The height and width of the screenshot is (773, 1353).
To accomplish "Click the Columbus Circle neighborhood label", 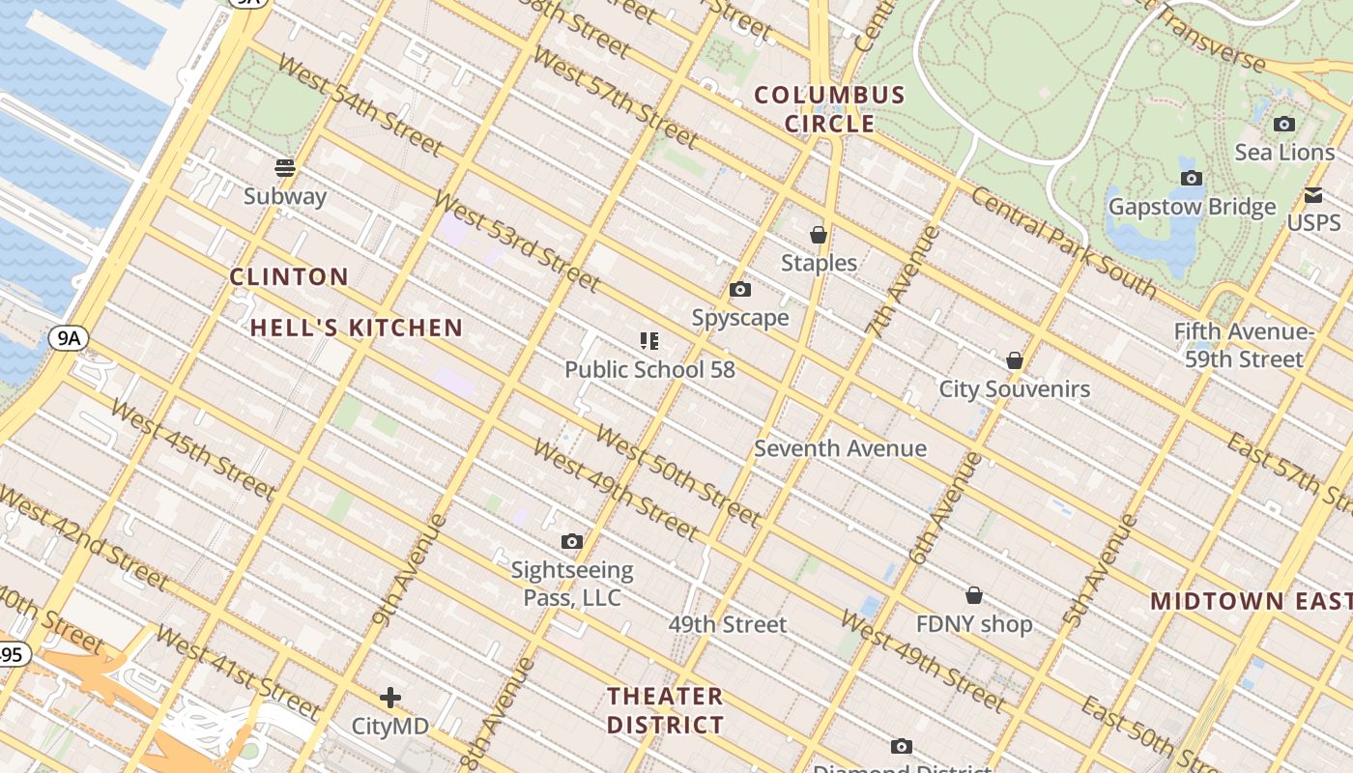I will click(x=829, y=109).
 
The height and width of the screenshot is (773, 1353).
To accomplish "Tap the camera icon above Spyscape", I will click(x=740, y=289).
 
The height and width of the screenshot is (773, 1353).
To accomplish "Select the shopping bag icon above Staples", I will click(x=819, y=235).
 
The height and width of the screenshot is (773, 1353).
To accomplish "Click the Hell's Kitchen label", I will click(x=357, y=328).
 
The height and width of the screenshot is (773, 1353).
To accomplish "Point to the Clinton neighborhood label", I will click(x=289, y=277).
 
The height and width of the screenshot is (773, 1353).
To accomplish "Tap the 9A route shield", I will click(x=68, y=337).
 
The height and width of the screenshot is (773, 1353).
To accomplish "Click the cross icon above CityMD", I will click(x=390, y=697).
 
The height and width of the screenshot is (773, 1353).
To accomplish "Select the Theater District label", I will click(x=665, y=710).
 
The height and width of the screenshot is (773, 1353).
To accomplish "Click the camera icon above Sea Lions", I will click(x=1284, y=124).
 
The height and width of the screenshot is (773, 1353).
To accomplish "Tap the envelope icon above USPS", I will click(x=1313, y=195).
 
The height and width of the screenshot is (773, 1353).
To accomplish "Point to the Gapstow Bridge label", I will click(x=1192, y=207).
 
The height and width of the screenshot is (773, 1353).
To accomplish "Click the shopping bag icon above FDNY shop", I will click(x=974, y=595).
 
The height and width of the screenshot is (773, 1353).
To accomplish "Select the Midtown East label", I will click(x=1251, y=601).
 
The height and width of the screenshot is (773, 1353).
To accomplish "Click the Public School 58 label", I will click(x=649, y=369).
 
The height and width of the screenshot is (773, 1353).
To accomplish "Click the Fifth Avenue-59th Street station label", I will click(x=1243, y=345).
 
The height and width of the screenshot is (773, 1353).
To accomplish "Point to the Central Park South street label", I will click(x=1063, y=242).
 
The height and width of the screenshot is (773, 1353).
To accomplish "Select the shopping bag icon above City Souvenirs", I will click(x=1015, y=360).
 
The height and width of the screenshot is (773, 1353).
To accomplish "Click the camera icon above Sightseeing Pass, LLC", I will click(x=572, y=541).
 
